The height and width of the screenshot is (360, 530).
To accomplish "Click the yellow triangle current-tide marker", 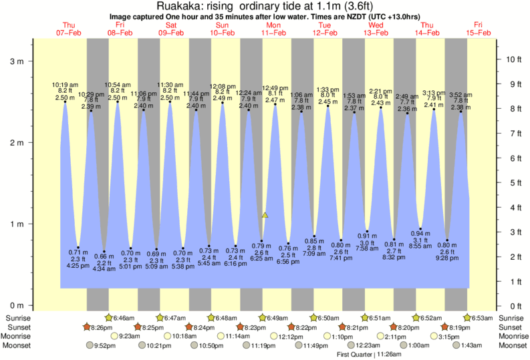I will point(265,215).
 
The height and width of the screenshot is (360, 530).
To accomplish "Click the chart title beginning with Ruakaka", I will point(265,6).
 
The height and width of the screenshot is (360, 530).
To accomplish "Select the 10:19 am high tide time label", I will point(65,85).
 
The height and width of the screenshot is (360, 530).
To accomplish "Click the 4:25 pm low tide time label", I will point(79,265).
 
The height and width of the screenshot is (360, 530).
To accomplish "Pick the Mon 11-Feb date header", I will point(274,29).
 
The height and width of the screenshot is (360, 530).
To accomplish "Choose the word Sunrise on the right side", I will point(510,318).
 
